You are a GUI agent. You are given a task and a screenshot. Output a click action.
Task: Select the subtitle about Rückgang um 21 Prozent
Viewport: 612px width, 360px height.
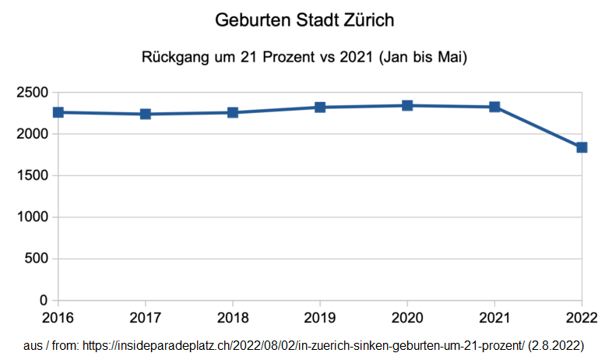pyautogui.click(x=304, y=58)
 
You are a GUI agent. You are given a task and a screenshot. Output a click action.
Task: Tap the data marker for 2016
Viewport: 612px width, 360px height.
pyautogui.click(x=58, y=112)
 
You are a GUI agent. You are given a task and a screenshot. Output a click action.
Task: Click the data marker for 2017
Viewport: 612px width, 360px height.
pyautogui.click(x=146, y=115)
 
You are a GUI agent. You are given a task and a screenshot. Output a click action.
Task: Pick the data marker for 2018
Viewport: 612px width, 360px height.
pyautogui.click(x=233, y=113)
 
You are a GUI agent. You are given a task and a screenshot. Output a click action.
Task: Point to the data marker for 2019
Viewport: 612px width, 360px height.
pyautogui.click(x=320, y=107)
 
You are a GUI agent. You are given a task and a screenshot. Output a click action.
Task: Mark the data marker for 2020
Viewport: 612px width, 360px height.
pyautogui.click(x=407, y=105)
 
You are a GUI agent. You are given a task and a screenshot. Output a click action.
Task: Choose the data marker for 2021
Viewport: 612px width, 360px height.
pyautogui.click(x=494, y=107)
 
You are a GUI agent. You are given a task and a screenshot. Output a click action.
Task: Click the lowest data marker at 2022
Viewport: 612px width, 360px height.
pyautogui.click(x=582, y=147)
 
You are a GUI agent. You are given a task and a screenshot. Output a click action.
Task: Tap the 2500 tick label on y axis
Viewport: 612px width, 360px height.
pyautogui.click(x=32, y=93)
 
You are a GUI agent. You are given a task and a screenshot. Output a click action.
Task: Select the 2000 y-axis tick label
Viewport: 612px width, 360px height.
pyautogui.click(x=32, y=134)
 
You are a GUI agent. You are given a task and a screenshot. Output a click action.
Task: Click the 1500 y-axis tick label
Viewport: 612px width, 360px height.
pyautogui.click(x=32, y=176)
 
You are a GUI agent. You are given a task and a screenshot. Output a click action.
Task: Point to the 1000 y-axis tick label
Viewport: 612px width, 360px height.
pyautogui.click(x=32, y=217)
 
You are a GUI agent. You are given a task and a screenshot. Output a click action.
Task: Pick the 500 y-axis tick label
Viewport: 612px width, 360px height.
pyautogui.click(x=37, y=259)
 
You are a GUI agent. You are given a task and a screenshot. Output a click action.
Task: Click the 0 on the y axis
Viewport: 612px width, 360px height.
pyautogui.click(x=44, y=301)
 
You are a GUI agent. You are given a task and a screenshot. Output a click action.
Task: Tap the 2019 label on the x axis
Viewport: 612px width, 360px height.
pyautogui.click(x=320, y=318)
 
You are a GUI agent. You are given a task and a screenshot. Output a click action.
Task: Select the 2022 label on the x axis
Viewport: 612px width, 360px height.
pyautogui.click(x=581, y=318)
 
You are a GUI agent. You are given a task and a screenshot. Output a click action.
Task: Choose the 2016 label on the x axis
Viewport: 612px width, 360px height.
pyautogui.click(x=58, y=318)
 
